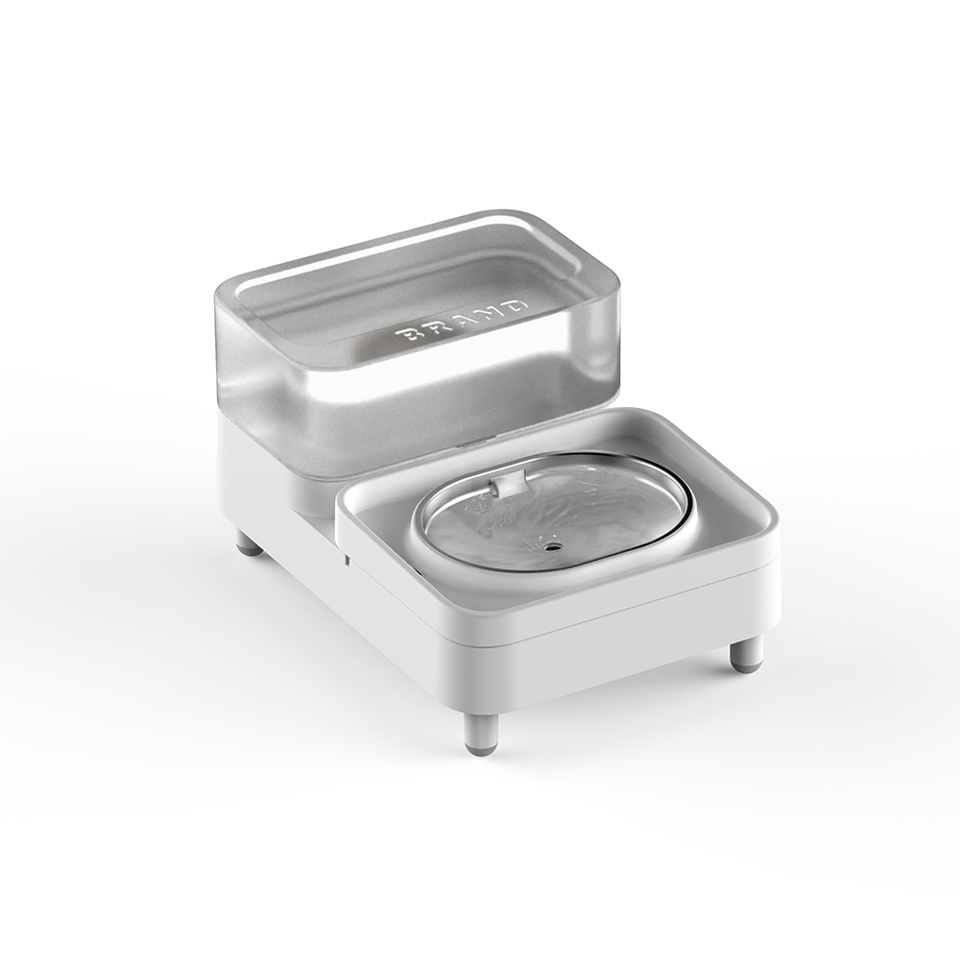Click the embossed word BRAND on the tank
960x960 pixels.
click(x=462, y=322)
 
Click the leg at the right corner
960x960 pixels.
click(x=746, y=653)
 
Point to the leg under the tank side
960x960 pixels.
click(x=249, y=543)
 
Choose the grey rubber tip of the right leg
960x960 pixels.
click(x=746, y=662)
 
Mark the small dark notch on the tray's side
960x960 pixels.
click(x=344, y=558)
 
